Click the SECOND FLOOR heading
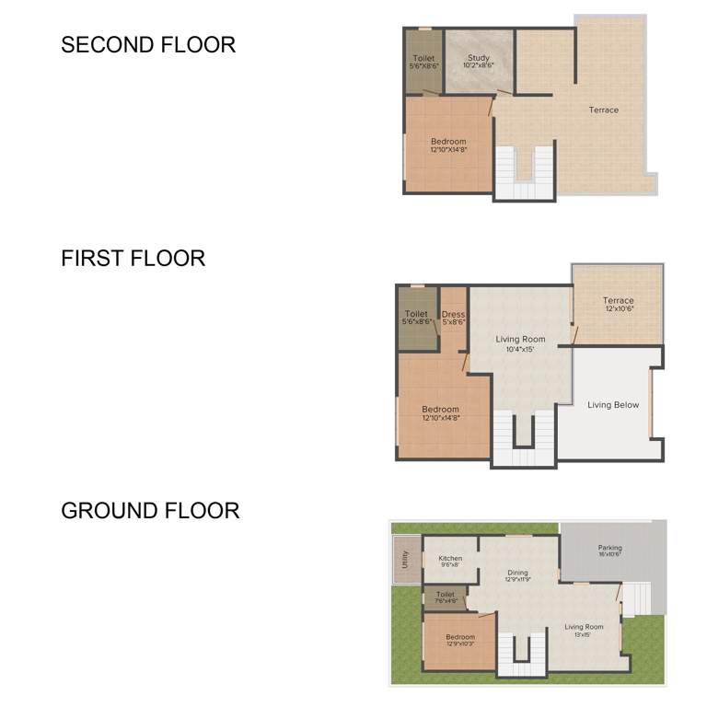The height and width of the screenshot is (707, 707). coord(148,44)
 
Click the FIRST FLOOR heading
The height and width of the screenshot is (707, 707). coord(133,259)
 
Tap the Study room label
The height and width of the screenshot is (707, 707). coord(478,59)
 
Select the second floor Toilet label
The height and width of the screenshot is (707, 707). coord(423,59)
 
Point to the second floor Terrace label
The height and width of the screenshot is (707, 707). coord(604,110)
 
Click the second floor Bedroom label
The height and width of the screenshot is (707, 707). coord(448,142)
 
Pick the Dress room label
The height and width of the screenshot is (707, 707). coord(453,315)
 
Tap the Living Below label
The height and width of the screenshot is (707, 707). coord(613,405)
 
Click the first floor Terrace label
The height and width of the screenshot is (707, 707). coord(618,301)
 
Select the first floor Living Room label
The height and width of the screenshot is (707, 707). coord(521,340)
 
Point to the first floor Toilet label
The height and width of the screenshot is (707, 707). coord(416,315)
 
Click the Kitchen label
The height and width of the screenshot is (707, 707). coord(450,559)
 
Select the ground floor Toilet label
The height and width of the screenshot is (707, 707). coord(446,595)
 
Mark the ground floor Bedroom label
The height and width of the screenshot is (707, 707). coord(460,637)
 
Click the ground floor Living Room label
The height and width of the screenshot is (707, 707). coord(584,627)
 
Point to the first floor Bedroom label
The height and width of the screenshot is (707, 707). coord(440,410)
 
